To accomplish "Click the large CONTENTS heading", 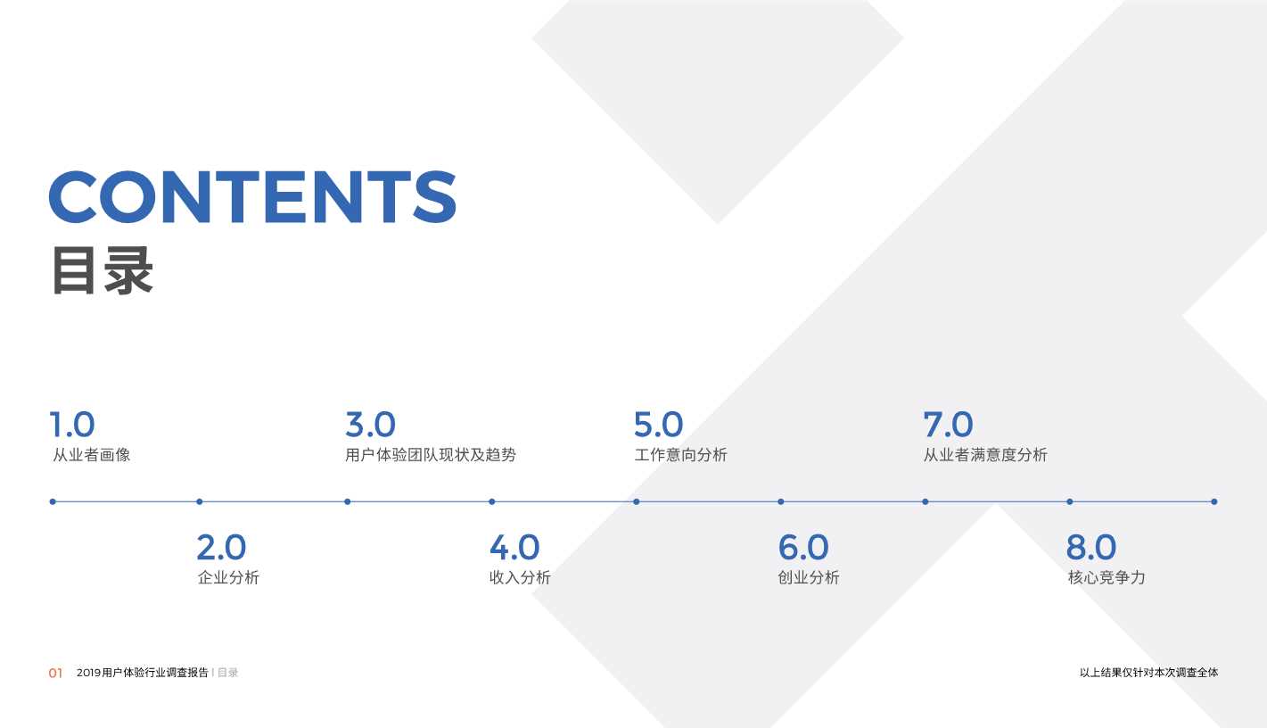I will (252, 196).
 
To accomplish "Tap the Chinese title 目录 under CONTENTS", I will (103, 270).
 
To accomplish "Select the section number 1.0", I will (72, 425).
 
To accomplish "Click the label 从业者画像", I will (91, 455).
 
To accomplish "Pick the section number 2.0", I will (221, 548).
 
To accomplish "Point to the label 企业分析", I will (228, 578).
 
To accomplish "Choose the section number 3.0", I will (370, 425).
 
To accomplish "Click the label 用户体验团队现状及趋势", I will (431, 455).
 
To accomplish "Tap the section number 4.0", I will (514, 548).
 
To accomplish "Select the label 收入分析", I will (520, 578).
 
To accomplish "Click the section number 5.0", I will (658, 425).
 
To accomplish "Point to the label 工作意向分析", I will (680, 455).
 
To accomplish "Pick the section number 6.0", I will (803, 548).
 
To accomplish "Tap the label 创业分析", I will (809, 578).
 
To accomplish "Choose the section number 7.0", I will (948, 425).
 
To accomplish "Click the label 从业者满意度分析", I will (985, 455).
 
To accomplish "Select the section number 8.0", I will (1091, 548).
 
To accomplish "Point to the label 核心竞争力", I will (1107, 578).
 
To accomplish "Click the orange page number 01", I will (55, 674).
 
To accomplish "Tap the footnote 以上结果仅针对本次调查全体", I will (1148, 673).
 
